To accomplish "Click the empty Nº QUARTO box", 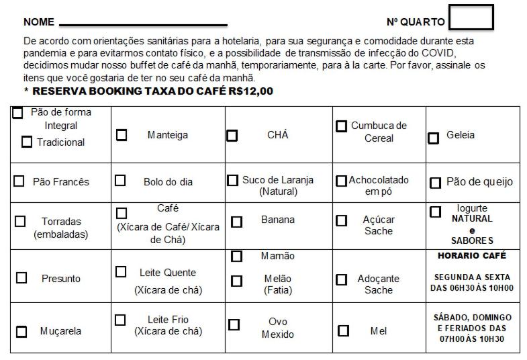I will click(x=471, y=17).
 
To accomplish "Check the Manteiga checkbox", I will click(x=122, y=135).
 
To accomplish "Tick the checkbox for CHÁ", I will click(x=232, y=136).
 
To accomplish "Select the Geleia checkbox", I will click(x=434, y=138).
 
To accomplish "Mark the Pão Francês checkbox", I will click(x=19, y=181).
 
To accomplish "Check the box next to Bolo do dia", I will click(x=120, y=181).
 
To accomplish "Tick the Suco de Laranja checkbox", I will click(x=232, y=181).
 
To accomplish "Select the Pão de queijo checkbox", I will click(x=435, y=183).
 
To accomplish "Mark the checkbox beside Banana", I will click(x=236, y=222).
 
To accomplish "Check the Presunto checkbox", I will click(x=21, y=277).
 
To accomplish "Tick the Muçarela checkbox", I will click(x=21, y=331).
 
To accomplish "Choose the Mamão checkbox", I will click(x=236, y=256).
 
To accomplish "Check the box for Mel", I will click(x=343, y=330).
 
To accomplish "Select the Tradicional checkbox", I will click(x=27, y=142).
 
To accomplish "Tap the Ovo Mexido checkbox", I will click(x=234, y=325).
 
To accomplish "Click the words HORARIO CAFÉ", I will click(x=471, y=256).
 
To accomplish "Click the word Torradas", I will click(x=61, y=221).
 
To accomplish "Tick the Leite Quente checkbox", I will click(x=121, y=272).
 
